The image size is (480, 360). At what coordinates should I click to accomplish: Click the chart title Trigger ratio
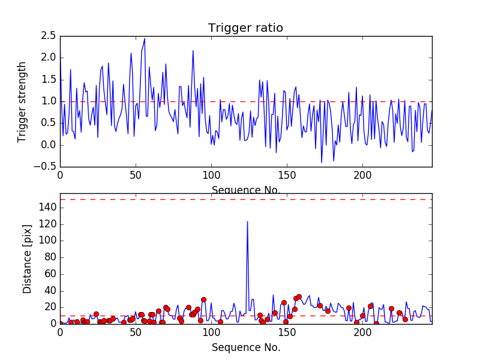(x=245, y=28)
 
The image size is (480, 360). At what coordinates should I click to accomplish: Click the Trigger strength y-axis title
(x=22, y=101)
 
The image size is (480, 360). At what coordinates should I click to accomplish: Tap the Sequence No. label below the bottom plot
(x=245, y=347)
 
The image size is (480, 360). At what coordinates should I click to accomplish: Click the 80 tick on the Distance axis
(x=50, y=257)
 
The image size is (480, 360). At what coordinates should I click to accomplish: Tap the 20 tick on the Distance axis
(x=50, y=307)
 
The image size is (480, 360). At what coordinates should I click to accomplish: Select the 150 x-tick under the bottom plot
(x=287, y=332)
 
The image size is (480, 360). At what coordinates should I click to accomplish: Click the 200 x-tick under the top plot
(x=362, y=175)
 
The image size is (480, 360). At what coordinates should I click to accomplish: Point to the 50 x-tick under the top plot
(x=136, y=175)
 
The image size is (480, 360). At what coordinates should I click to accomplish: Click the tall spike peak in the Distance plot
(x=247, y=221)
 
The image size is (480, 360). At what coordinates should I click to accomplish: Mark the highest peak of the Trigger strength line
(x=145, y=39)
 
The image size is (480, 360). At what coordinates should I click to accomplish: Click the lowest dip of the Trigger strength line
(x=322, y=162)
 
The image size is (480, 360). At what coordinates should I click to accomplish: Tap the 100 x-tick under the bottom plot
(x=211, y=332)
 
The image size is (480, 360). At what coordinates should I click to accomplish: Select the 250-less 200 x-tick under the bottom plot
(x=362, y=332)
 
